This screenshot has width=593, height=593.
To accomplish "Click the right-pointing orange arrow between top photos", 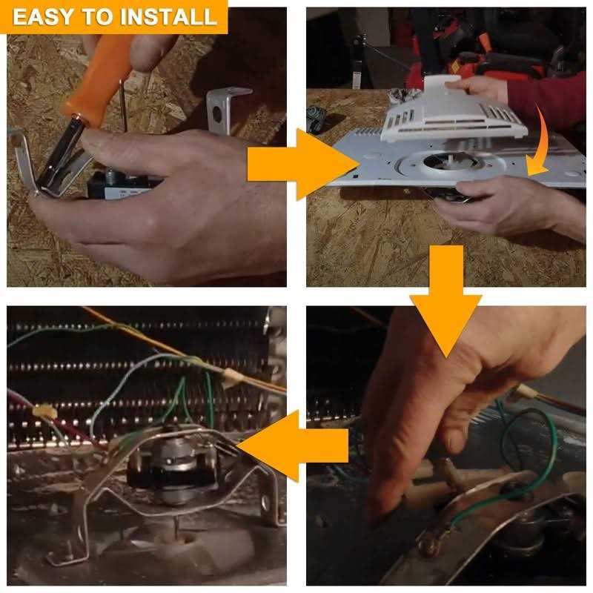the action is (x=302, y=164).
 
